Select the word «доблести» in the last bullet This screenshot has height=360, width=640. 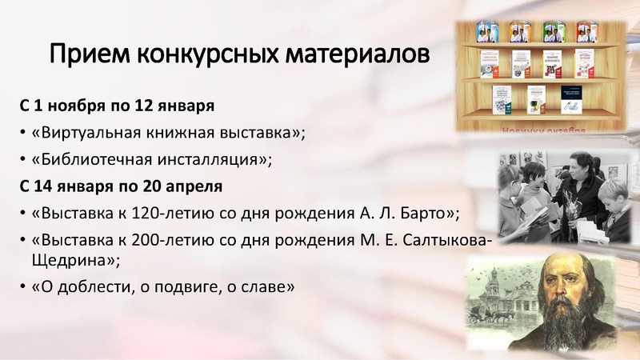(x=89, y=288)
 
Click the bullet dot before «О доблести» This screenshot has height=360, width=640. (x=23, y=289)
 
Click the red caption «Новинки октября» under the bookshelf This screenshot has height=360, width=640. (x=544, y=129)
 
